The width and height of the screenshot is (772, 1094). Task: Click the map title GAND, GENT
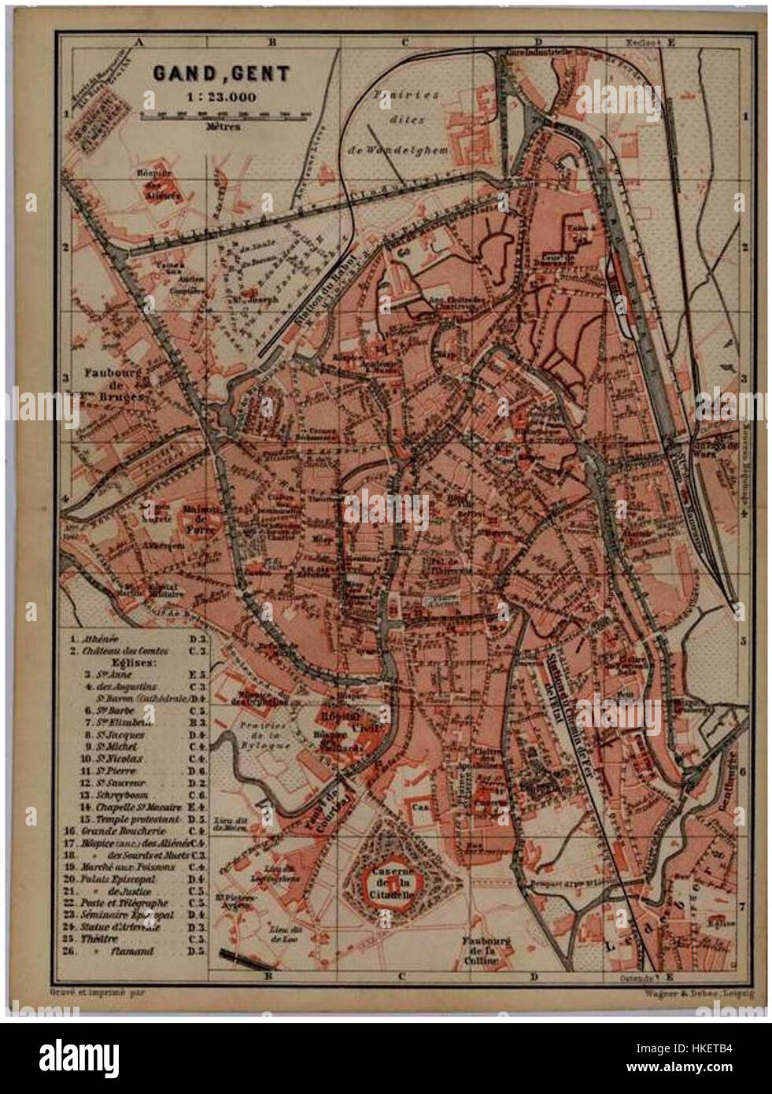(x=221, y=74)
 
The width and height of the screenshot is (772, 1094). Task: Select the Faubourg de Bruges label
(x=112, y=386)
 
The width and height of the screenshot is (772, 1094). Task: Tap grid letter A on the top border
(x=139, y=43)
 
